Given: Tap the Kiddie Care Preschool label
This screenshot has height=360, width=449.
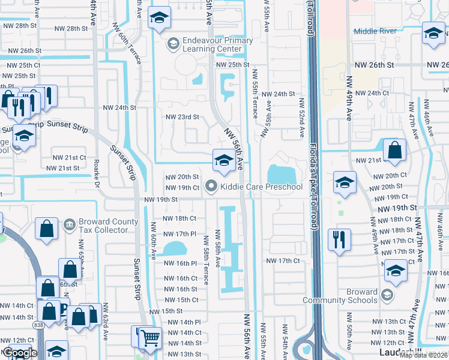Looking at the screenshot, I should pos(261,187).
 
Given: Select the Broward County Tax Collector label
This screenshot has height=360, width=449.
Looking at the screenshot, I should pos(103,226).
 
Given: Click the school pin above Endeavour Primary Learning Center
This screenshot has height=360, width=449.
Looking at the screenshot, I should pos(159,18).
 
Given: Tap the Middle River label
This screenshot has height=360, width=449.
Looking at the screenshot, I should pos(375,31).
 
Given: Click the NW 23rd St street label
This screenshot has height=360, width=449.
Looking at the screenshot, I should pos(182,117).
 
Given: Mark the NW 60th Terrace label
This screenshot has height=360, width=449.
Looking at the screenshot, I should pos(128,47).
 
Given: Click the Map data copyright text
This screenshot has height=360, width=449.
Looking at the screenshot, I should pos(424,355).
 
